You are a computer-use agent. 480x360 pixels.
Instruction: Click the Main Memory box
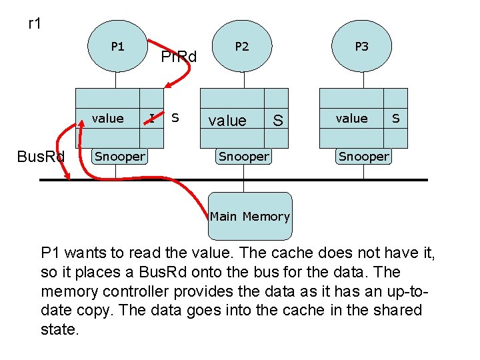249,216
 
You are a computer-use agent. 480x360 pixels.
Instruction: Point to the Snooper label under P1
119,157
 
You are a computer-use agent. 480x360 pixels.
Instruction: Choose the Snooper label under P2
244,157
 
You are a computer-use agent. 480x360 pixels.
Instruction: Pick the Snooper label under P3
363,157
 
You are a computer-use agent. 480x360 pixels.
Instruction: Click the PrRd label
179,57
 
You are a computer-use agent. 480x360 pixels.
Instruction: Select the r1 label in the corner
35,24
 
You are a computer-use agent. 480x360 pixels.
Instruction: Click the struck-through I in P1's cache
152,118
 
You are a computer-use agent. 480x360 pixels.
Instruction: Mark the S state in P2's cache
277,121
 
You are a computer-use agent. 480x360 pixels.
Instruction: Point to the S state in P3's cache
396,119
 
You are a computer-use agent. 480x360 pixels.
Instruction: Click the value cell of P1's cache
107,119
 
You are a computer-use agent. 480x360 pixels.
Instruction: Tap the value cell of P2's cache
227,121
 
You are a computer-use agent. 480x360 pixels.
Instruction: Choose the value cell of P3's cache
351,119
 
